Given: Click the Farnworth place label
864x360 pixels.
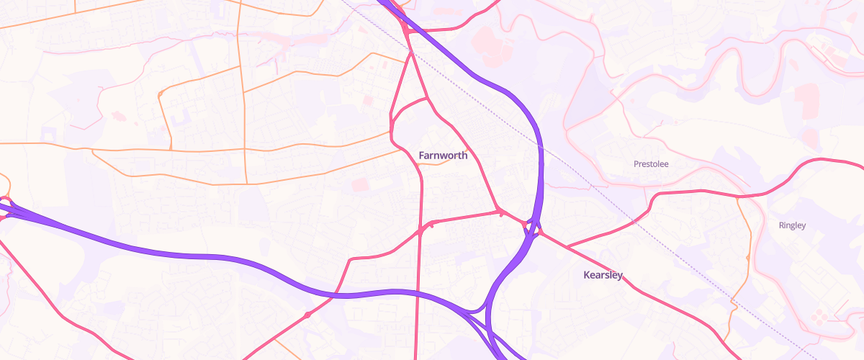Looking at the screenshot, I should click(443, 156).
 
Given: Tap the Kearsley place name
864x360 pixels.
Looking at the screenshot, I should click(603, 275).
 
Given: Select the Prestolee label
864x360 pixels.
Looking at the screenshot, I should click(651, 164).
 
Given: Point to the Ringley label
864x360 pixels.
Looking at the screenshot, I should click(792, 225).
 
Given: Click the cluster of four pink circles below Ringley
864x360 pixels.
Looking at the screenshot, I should click(819, 316).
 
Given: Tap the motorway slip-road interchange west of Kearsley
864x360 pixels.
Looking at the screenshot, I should click(533, 229).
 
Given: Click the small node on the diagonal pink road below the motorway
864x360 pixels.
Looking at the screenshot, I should click(307, 315).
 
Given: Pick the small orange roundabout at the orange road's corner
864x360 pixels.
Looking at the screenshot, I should click(161, 93).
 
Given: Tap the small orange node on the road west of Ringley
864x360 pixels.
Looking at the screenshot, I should click(748, 257).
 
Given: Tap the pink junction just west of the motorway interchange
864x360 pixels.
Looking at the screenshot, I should click(500, 211).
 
